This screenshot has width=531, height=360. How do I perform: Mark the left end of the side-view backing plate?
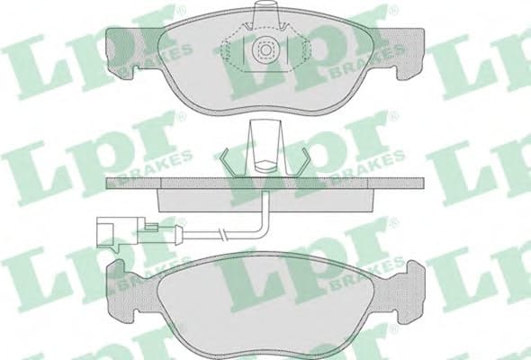pyautogui.click(x=112, y=183)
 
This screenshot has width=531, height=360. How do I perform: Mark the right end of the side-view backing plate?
pyautogui.click(x=418, y=183)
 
